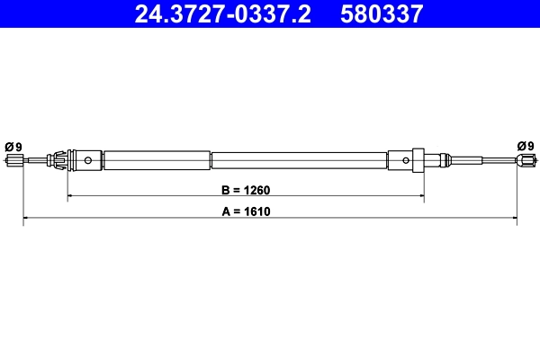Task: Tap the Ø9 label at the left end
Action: (13, 147)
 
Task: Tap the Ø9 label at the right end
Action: (526, 146)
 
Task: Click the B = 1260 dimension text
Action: (246, 190)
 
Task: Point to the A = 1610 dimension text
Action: (246, 212)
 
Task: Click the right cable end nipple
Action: (525, 162)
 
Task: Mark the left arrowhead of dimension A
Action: (26, 219)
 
